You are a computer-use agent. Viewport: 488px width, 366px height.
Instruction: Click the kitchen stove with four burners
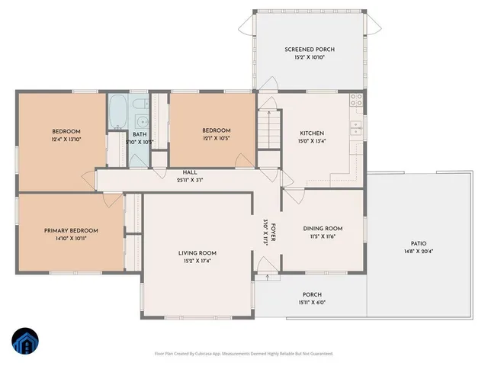click(356, 100)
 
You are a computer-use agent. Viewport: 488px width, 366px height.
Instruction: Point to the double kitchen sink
click(356, 127)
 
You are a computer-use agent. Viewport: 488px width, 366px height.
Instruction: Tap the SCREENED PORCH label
click(310, 50)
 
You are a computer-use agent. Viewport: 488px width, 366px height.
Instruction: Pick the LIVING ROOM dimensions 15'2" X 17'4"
click(197, 261)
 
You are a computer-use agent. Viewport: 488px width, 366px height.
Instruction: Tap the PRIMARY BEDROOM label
click(70, 230)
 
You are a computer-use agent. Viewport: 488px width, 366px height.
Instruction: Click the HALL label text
click(190, 172)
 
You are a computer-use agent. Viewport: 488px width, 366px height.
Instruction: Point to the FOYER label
click(272, 233)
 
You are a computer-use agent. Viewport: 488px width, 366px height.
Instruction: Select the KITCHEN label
click(314, 131)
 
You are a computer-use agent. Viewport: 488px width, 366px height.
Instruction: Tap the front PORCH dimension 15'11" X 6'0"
click(311, 303)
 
